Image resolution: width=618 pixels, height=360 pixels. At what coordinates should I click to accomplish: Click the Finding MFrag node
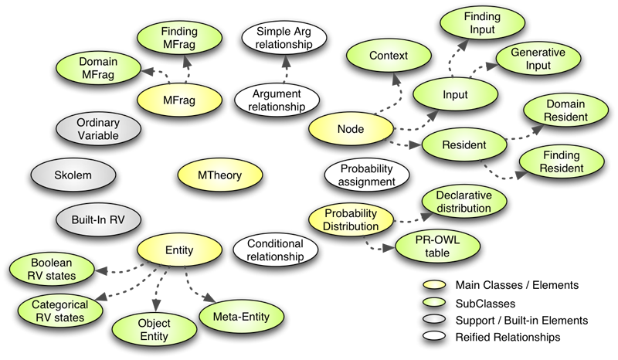click(180, 39)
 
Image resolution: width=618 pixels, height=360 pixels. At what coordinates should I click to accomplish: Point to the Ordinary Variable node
click(97, 127)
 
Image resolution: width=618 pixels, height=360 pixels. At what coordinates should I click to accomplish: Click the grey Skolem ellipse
click(73, 175)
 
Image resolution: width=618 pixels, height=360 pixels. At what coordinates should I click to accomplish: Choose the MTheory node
click(219, 175)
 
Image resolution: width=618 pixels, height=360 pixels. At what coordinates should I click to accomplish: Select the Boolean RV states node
click(53, 269)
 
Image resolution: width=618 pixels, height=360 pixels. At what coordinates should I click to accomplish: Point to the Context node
click(388, 56)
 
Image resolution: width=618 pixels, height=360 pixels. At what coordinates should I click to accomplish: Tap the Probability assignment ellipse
click(357, 175)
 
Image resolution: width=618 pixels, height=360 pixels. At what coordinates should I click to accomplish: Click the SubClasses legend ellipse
click(435, 303)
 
